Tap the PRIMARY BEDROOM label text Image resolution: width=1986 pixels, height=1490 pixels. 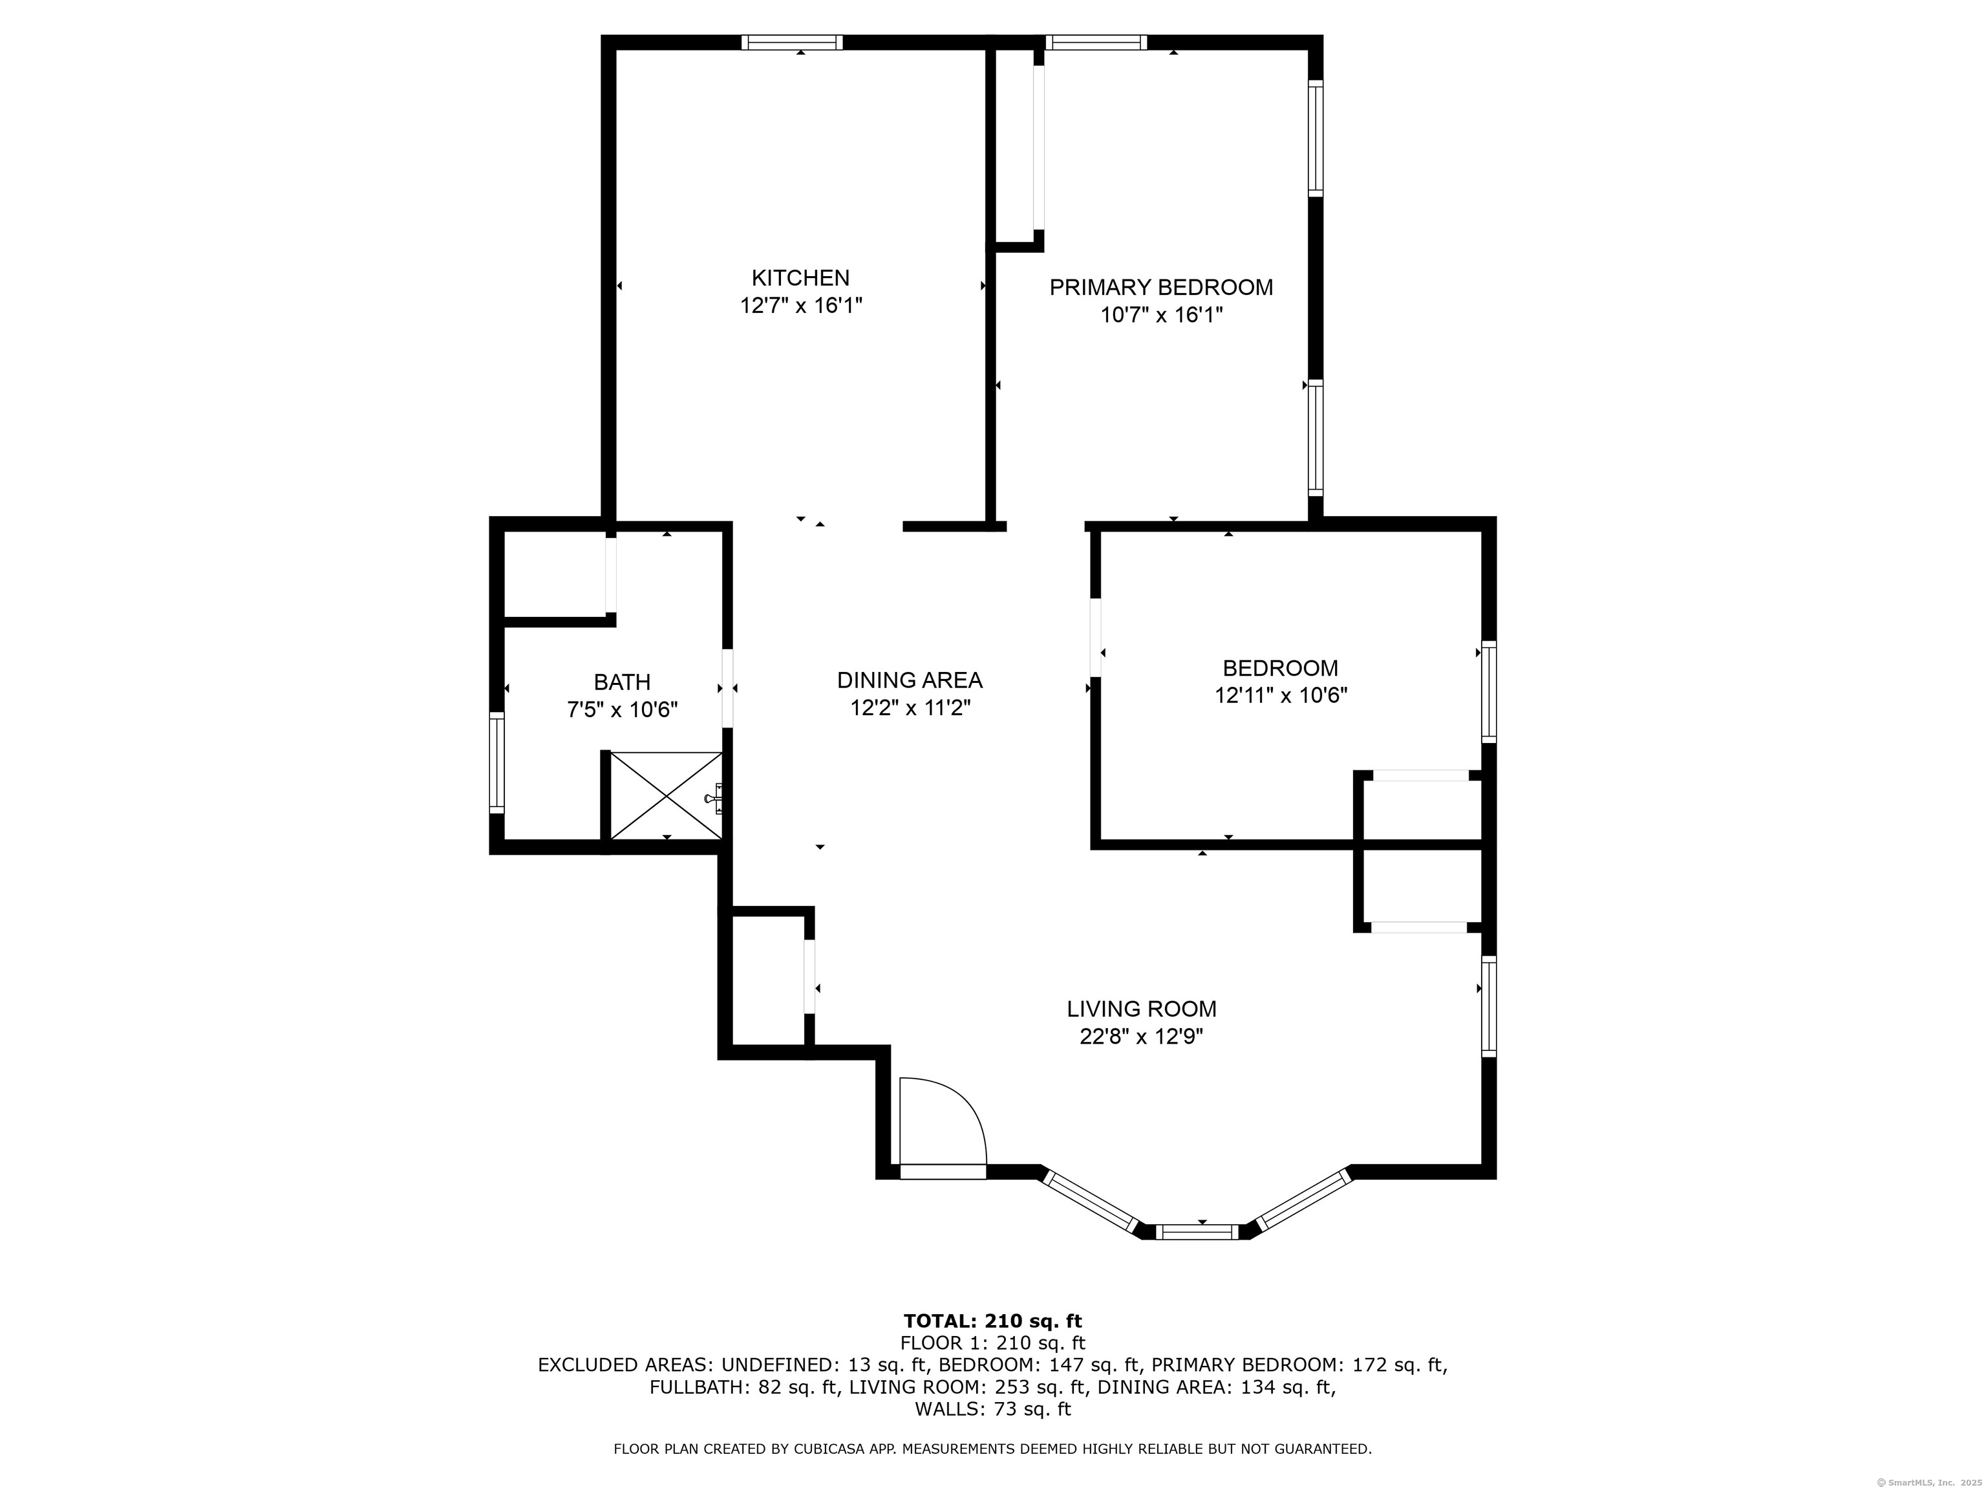click(1161, 287)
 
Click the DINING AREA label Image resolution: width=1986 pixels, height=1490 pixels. click(910, 680)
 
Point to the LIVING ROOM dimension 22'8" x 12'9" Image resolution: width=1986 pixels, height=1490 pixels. click(1141, 1037)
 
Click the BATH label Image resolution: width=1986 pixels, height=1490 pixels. click(621, 682)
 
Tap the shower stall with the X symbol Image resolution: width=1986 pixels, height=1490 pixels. click(665, 795)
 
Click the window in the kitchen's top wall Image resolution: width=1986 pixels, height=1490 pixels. click(792, 42)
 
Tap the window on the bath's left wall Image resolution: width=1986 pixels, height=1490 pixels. click(496, 762)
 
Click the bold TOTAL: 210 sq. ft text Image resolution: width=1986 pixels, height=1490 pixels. click(992, 1321)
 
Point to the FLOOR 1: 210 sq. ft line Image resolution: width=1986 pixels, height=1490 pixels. click(992, 1343)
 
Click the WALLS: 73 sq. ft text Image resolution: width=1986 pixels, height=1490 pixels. click(992, 1409)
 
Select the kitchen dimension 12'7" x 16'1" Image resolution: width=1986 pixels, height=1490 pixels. click(800, 305)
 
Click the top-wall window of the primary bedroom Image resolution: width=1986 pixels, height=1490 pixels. click(1096, 42)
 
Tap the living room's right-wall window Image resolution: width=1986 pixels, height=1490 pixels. click(1489, 1006)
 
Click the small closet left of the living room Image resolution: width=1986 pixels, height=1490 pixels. click(767, 981)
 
